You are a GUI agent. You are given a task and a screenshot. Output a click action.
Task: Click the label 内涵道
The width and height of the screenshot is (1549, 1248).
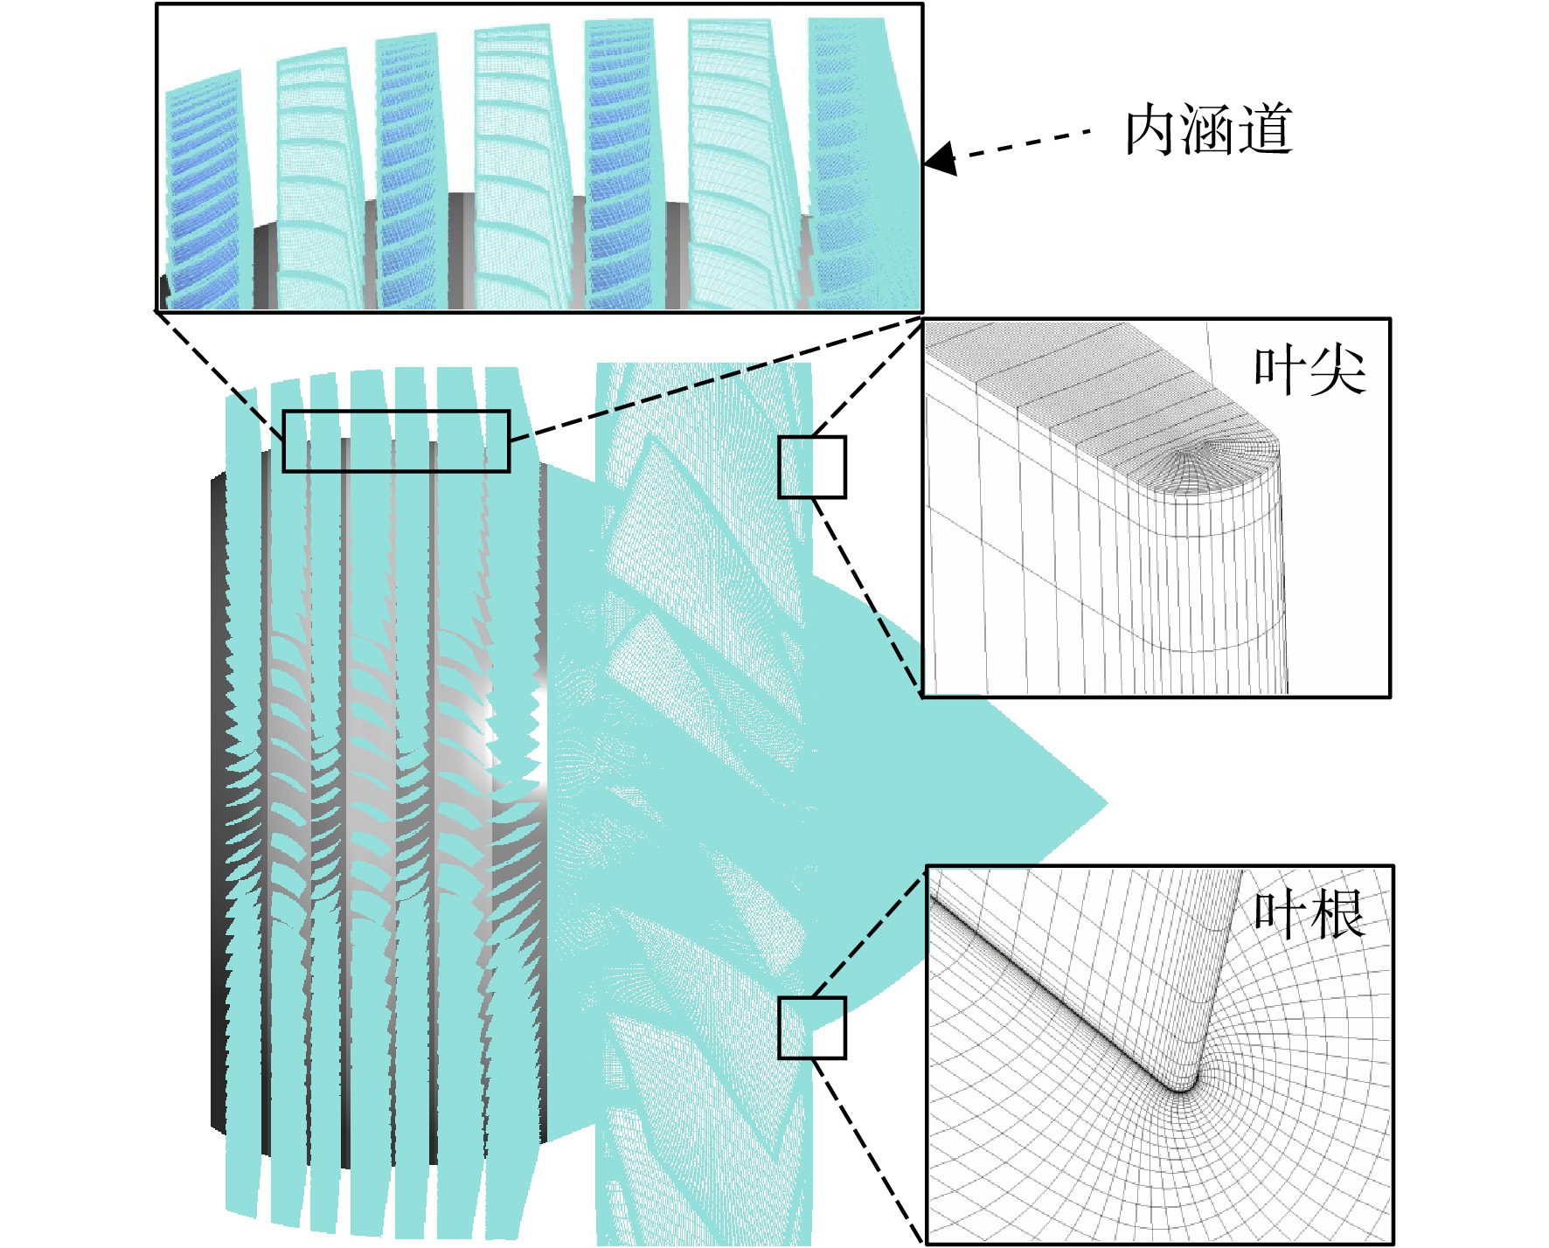(1208, 131)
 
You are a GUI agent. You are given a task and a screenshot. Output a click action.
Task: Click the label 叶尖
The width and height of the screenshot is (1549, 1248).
(1309, 371)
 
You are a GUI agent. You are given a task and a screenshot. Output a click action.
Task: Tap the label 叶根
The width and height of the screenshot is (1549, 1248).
(1309, 915)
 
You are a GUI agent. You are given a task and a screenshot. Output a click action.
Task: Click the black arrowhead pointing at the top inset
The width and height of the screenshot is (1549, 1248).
(941, 159)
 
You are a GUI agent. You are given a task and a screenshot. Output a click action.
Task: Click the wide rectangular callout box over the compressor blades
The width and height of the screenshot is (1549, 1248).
(396, 412)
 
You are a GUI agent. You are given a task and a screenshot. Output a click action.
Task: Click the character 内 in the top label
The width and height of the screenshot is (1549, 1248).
(1152, 131)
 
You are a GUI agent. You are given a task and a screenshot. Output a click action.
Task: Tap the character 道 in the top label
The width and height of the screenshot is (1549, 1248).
(1266, 131)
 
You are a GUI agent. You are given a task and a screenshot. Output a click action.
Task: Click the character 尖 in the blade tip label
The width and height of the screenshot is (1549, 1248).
(1337, 371)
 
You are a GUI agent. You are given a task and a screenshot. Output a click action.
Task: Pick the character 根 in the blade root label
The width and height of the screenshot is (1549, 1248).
(1337, 915)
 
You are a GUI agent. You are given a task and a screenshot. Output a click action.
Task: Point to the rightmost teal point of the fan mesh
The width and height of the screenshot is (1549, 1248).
(1107, 802)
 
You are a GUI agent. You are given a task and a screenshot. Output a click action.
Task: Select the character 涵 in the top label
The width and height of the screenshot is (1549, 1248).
(1209, 131)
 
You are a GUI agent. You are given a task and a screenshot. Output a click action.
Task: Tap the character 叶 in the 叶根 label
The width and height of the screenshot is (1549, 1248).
(1281, 915)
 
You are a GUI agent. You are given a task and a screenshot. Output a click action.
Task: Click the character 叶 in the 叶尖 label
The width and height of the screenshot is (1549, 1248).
(1281, 371)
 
